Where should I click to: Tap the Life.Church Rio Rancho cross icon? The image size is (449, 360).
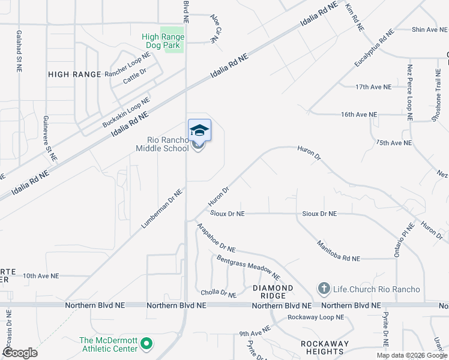pos(324,289)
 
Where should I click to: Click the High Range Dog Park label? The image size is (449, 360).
pos(163,41)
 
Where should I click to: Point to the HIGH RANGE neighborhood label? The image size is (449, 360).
pos(75,74)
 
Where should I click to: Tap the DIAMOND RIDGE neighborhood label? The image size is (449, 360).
pos(273,292)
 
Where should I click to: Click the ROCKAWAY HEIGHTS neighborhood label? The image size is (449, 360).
pos(325,348)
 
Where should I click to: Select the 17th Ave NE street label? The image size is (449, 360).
pos(373,87)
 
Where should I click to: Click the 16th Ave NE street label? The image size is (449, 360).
pos(359,114)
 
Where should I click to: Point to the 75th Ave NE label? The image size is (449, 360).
pos(394,143)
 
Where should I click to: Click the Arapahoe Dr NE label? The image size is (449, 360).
pos(217,238)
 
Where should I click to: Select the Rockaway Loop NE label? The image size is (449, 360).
pos(316,317)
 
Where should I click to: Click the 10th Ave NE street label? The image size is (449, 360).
pos(41,276)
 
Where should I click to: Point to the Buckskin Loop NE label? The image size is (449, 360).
pos(125,112)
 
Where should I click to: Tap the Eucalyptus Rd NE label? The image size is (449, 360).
pos(373,48)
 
